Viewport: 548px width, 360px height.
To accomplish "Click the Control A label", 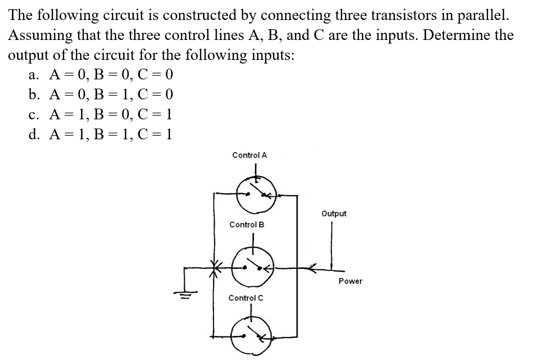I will coord(249,155).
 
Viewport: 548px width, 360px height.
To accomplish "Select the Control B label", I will coord(247,224).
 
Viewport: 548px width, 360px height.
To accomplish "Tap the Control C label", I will coord(246,298).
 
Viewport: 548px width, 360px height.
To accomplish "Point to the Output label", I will coord(334,213).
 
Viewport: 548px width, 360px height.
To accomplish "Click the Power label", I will coord(350,281).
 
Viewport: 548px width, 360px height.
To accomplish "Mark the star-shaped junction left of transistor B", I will coord(214,267).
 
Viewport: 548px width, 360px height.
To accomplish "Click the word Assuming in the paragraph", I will coord(42,35).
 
